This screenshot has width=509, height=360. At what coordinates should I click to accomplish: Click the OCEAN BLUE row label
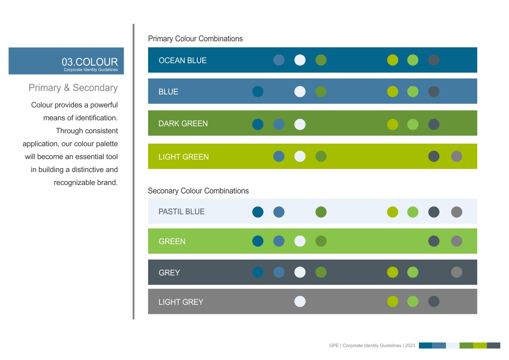point(182,61)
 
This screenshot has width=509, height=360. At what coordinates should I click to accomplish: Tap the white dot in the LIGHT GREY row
point(300,301)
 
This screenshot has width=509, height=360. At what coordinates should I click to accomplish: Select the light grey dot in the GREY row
point(456,272)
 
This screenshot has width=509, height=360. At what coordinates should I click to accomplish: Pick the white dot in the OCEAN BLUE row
point(300,60)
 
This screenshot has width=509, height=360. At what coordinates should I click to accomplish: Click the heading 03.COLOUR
point(89,62)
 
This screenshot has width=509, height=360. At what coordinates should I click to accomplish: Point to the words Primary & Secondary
point(73,88)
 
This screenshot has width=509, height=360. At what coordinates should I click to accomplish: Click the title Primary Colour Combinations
point(195,39)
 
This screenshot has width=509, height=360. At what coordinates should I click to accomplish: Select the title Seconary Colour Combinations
point(198,191)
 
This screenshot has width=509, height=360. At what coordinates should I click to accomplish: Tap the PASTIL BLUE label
point(181,212)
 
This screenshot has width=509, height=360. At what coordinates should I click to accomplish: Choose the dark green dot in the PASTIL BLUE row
point(321,212)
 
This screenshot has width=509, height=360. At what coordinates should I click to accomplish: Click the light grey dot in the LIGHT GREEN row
point(456,157)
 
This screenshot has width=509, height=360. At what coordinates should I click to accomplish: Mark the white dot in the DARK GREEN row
point(300,124)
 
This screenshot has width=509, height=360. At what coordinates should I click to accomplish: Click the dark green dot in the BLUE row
point(321,91)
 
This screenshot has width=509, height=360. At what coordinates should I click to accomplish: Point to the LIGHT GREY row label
point(181,302)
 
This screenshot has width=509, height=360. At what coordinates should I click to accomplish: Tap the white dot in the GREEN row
point(300,241)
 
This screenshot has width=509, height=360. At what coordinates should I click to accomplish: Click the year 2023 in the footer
point(410,346)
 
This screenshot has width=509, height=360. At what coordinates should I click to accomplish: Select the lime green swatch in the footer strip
point(480,346)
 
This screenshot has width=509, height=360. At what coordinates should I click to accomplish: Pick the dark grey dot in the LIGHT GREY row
point(434,301)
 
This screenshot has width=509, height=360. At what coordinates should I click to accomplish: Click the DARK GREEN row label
point(183,124)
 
